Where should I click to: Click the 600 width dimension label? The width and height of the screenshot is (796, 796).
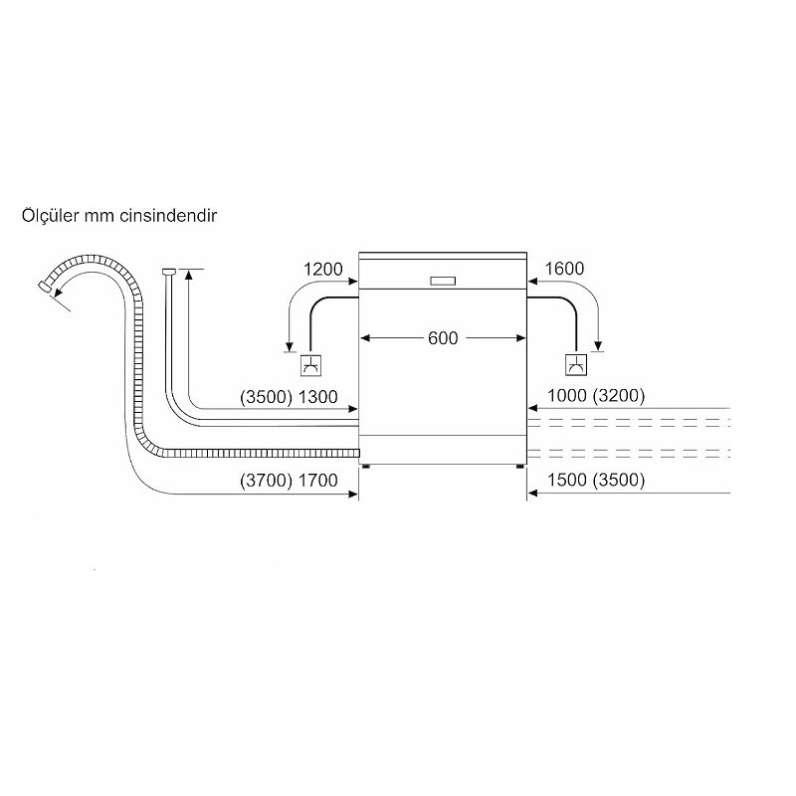[443, 338]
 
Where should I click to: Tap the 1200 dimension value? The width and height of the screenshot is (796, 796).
[322, 269]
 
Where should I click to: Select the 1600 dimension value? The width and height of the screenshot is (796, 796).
[564, 269]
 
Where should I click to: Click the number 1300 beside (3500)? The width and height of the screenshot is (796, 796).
[317, 397]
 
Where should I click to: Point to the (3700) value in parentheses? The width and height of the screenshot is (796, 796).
[266, 481]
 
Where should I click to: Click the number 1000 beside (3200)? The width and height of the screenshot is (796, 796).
[567, 395]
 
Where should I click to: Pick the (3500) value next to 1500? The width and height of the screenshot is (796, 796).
[619, 480]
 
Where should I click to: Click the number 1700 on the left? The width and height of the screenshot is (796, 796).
[317, 481]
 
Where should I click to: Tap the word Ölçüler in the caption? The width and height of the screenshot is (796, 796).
[51, 215]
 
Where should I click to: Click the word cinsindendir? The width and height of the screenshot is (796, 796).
[168, 216]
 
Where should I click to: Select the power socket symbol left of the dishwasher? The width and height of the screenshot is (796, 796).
[310, 364]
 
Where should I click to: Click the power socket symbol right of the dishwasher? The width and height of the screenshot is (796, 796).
[576, 364]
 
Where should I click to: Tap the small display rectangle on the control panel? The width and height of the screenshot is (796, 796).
[443, 282]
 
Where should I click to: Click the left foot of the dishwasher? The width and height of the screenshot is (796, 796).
[366, 466]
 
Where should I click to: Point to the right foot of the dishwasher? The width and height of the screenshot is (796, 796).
[520, 466]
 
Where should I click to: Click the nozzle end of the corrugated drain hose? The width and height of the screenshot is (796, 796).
[45, 286]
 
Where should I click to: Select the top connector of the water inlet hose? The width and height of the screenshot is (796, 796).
[169, 272]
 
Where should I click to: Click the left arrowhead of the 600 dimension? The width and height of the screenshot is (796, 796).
[364, 338]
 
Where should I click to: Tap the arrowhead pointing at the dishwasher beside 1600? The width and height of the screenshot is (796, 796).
[532, 281]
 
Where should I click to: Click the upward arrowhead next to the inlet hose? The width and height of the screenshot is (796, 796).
[189, 275]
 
